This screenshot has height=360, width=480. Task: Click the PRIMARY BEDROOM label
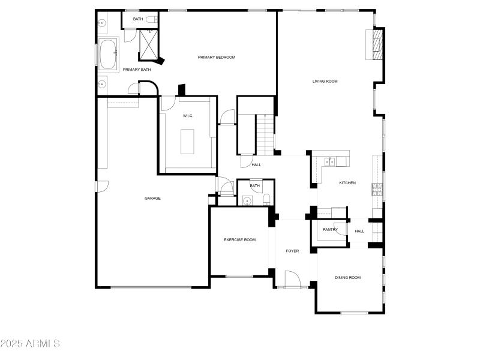(217, 57)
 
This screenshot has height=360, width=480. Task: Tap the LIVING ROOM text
(325, 81)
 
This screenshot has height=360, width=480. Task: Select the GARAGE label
(152, 198)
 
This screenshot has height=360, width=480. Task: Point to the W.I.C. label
(188, 115)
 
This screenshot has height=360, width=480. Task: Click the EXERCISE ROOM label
(239, 239)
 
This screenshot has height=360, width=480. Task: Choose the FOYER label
(292, 251)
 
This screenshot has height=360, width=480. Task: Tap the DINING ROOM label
(347, 277)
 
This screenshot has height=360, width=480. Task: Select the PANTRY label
(330, 229)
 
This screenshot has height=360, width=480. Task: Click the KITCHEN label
(347, 183)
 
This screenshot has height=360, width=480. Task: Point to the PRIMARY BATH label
(137, 70)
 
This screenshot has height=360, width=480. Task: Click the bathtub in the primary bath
(109, 55)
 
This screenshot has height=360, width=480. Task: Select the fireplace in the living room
(377, 45)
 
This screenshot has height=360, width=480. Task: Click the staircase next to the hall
(265, 133)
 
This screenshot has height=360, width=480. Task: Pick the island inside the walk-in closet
(187, 141)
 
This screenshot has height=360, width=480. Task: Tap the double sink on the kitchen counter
(329, 161)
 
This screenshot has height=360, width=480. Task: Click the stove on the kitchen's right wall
(377, 190)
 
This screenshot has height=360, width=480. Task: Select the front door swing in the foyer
(292, 279)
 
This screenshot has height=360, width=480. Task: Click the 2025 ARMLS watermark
(30, 344)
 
